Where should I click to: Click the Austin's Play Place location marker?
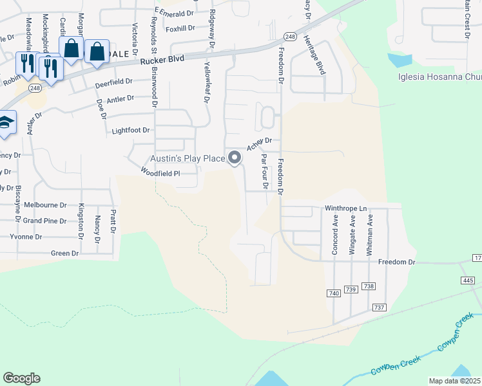point(235,157)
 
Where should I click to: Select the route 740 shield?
point(333,293)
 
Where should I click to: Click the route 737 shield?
point(379,308)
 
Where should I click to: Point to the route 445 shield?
point(468,280)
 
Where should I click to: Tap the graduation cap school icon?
point(5,124)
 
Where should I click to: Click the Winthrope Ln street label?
point(345,208)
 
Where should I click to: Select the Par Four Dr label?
point(264,170)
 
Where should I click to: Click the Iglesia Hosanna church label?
point(440,78)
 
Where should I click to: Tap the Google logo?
point(21,378)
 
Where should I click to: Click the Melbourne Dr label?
point(45,205)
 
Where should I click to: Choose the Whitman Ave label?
point(370,235)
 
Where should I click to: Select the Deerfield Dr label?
point(113,82)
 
